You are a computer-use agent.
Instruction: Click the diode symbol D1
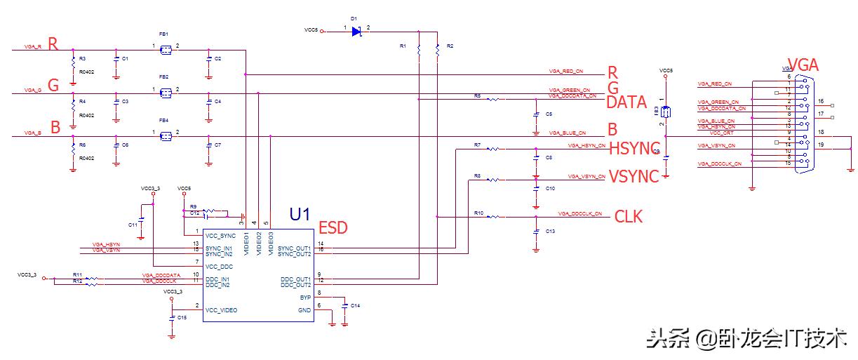(x=356, y=31)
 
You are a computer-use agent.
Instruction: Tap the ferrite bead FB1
(x=166, y=50)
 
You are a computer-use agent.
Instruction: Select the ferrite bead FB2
(x=166, y=93)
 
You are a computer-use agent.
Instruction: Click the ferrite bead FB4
(x=166, y=135)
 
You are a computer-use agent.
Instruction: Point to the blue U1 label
(x=300, y=214)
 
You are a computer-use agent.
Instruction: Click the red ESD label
(x=333, y=227)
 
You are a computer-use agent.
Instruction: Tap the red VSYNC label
(x=634, y=176)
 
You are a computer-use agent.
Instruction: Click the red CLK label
(x=628, y=216)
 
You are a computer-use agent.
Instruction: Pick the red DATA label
(x=626, y=102)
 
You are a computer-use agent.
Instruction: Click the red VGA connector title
(x=803, y=65)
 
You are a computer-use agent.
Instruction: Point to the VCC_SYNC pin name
(x=222, y=236)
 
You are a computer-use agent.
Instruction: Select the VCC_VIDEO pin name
(x=222, y=309)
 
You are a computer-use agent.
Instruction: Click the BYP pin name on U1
(x=304, y=298)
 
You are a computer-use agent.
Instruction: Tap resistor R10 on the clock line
(x=495, y=217)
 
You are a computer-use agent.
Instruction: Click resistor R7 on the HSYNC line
(x=495, y=149)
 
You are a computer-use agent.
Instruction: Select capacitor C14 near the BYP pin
(x=344, y=307)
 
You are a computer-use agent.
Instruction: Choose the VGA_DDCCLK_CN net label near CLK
(x=579, y=213)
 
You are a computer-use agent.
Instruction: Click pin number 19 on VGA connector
(x=821, y=145)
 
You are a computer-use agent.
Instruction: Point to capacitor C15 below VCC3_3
(x=173, y=318)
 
